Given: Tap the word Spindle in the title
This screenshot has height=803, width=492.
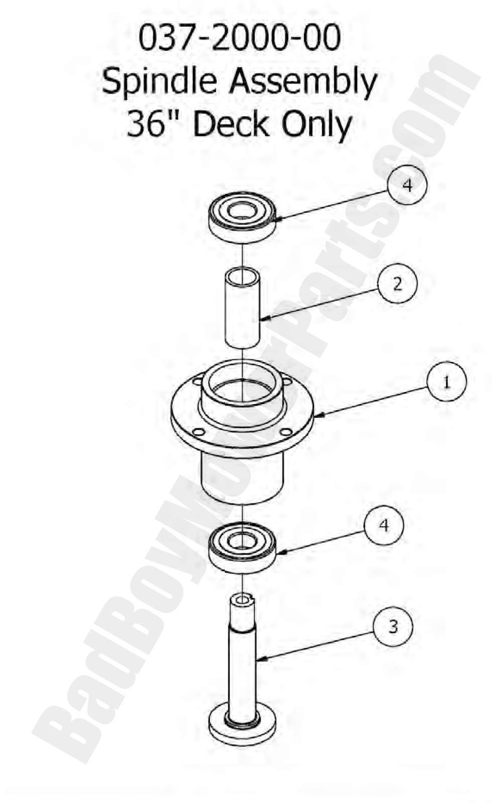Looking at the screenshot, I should [157, 82].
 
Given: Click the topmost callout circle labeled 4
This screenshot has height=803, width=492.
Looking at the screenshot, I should [407, 185].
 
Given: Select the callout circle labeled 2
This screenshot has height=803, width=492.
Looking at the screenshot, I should [397, 284].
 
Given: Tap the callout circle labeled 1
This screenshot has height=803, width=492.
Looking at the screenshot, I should [446, 381].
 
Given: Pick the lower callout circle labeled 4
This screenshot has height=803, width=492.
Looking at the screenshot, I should [384, 525].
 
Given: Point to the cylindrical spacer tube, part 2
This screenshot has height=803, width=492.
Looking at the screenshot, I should [242, 309].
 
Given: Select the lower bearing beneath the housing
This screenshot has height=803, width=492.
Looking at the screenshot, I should [242, 549].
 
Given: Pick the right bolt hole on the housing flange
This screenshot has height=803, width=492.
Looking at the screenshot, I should [287, 432].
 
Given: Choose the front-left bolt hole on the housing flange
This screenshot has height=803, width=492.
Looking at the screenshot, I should [198, 432].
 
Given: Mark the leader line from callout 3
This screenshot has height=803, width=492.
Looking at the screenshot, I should [316, 645].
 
